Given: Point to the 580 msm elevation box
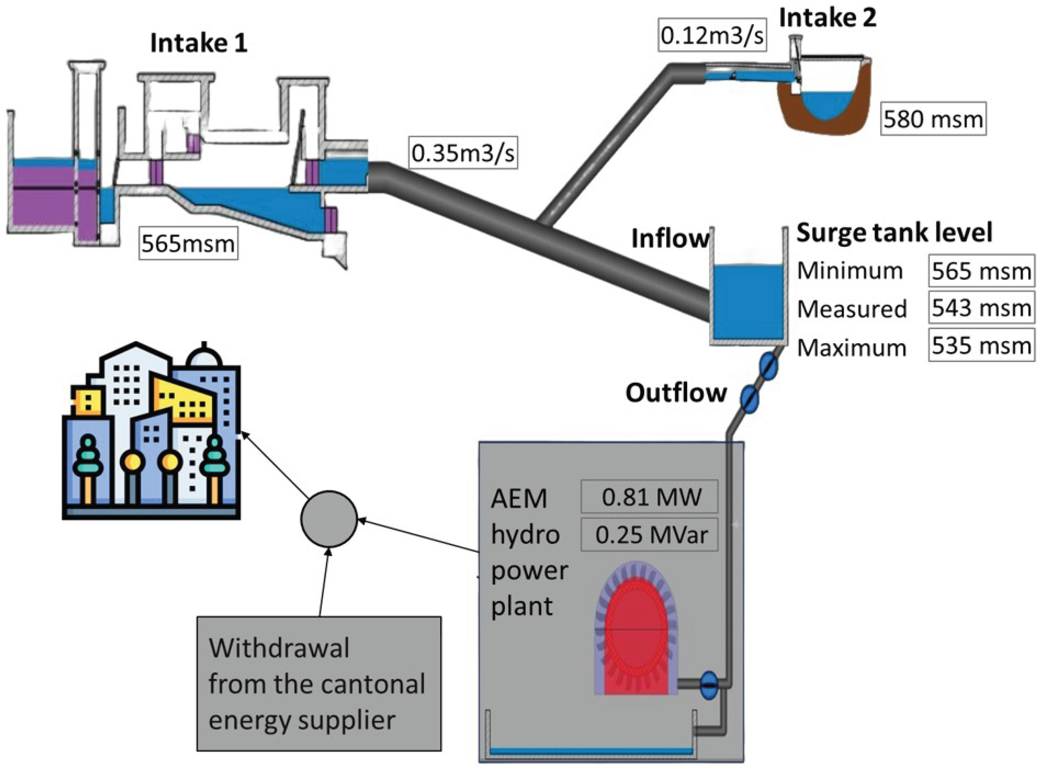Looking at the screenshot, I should pos(933,119).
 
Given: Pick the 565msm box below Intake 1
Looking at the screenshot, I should pos(188,243).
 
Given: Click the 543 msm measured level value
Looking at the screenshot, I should pos(981,308).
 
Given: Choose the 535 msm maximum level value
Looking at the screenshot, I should pos(981,345).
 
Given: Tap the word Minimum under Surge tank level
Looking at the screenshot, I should pos(850,270).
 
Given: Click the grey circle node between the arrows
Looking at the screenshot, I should pos(329,518).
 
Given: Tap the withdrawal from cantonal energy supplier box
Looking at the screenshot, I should pos(319,684).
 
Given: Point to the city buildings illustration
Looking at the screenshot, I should pos(152,433).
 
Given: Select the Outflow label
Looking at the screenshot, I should pos(675,393).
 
